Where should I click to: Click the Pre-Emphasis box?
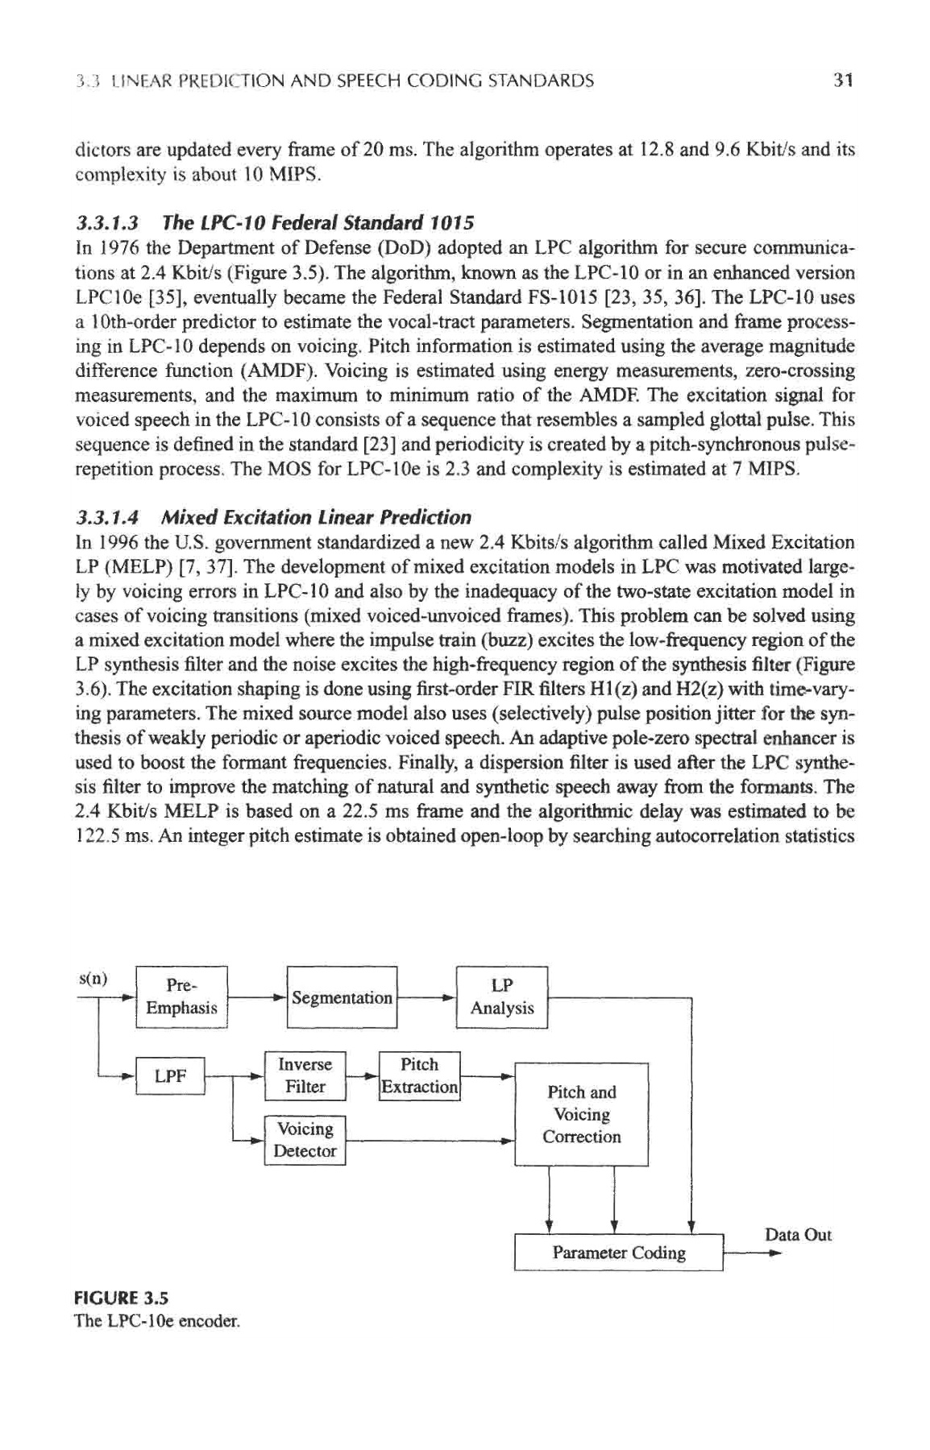(182, 996)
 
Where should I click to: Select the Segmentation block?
(342, 997)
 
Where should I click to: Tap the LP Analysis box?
(502, 997)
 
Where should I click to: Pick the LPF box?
(171, 1075)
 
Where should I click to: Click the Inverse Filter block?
(305, 1075)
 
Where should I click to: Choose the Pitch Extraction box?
(419, 1075)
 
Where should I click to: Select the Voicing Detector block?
(305, 1140)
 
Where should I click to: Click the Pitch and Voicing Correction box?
(582, 1114)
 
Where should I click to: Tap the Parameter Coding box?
(619, 1253)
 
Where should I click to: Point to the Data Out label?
(798, 1235)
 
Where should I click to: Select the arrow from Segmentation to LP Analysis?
(427, 997)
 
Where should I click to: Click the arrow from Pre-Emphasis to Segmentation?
(258, 997)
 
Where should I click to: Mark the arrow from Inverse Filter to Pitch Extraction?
(363, 1075)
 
